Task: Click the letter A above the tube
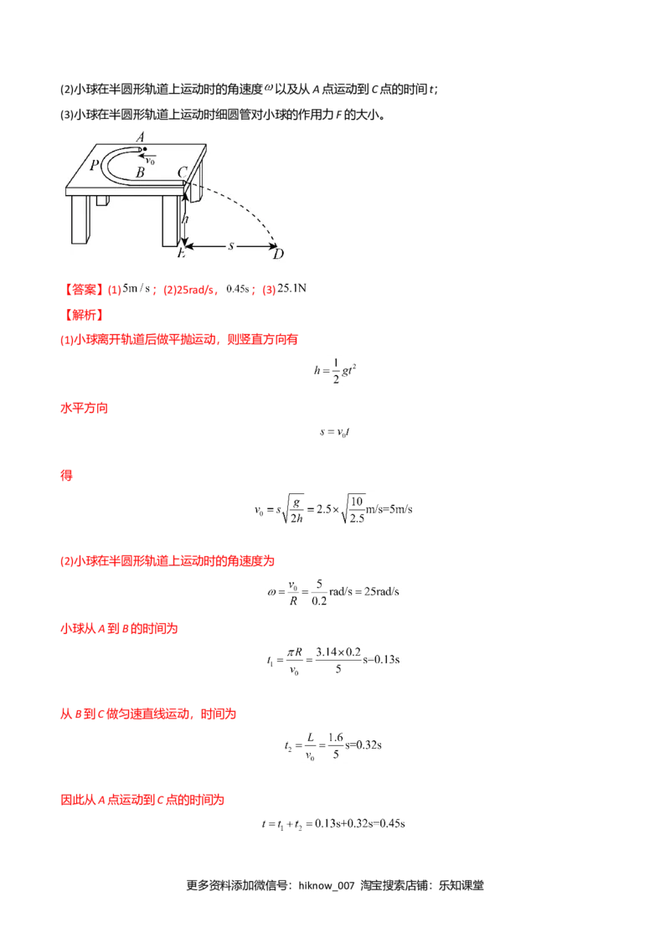coord(141,137)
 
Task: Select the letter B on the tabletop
coord(141,172)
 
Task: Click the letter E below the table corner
coord(181,253)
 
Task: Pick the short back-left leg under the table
coord(102,201)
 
